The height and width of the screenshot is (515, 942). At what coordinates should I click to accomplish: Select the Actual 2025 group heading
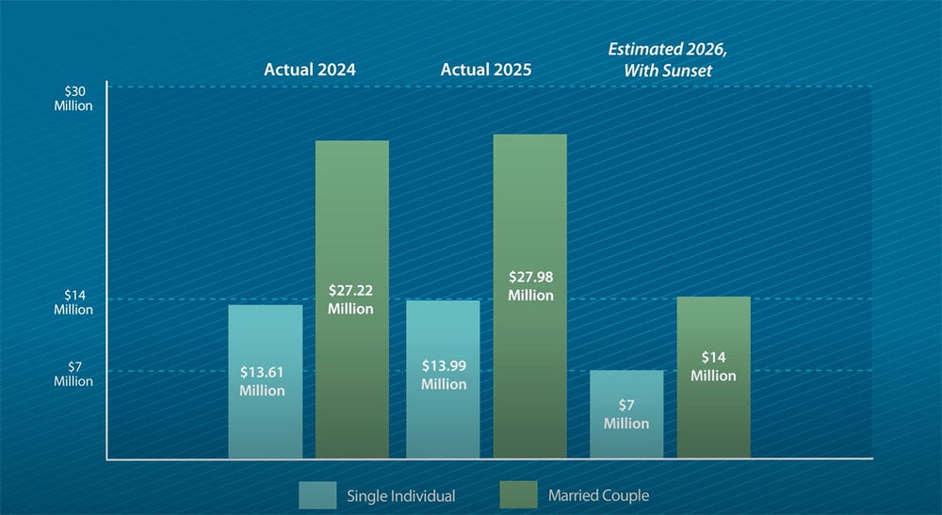pyautogui.click(x=486, y=70)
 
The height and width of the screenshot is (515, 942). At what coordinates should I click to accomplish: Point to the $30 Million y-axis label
pyautogui.click(x=73, y=98)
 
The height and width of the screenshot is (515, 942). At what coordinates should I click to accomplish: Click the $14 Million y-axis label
pyautogui.click(x=73, y=302)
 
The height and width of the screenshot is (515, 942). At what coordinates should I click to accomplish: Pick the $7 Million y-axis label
pyautogui.click(x=73, y=374)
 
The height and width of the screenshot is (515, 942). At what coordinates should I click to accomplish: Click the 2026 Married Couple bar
pyautogui.click(x=713, y=414)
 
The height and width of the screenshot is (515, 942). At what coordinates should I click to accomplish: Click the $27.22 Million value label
pyautogui.click(x=350, y=300)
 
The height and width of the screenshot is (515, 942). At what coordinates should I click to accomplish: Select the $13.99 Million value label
pyautogui.click(x=444, y=375)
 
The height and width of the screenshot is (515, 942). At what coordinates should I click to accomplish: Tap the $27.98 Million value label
pyautogui.click(x=530, y=286)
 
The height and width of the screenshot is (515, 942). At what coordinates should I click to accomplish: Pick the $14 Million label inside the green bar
pyautogui.click(x=713, y=366)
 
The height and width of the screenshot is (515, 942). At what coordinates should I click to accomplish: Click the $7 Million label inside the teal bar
pyautogui.click(x=626, y=415)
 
